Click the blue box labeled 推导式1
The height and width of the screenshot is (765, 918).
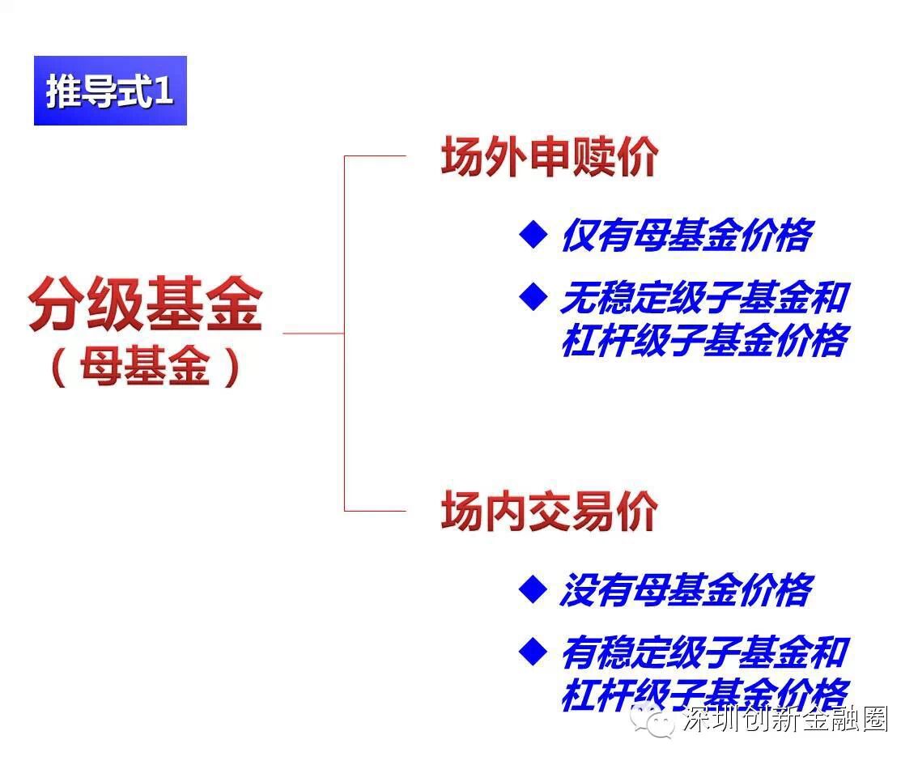110,91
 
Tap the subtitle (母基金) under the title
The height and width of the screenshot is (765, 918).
146,369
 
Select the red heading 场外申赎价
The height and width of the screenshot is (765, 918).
549,157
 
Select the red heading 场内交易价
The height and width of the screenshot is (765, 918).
549,512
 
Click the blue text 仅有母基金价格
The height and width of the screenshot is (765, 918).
685,236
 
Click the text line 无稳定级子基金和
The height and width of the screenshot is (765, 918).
703,298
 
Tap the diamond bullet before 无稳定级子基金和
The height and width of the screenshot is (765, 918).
533,297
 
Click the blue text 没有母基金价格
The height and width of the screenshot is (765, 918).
685,590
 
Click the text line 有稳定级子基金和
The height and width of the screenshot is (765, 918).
703,652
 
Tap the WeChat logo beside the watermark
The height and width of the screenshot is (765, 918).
653,720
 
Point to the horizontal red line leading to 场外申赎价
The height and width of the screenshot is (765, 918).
375,156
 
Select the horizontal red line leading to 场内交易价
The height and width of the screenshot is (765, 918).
375,511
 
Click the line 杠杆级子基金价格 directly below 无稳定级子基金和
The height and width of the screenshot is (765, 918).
703,340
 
